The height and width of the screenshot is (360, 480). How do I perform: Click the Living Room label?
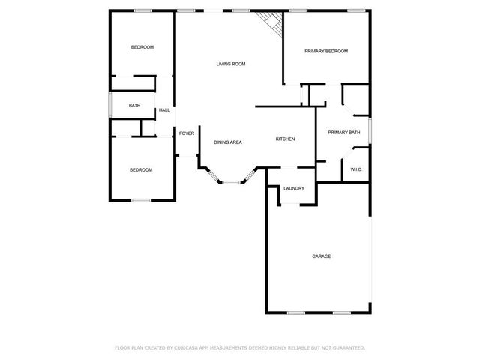coord(231,64)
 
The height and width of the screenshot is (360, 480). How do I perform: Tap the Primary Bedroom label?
coord(326,51)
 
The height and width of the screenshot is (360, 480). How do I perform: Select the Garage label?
coord(321,256)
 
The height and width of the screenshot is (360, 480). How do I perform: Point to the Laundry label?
coord(293,188)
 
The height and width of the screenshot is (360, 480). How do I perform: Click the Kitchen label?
coord(285,139)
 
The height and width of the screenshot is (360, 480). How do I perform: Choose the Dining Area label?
coord(227,142)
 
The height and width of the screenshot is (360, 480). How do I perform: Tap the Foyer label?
coord(187,133)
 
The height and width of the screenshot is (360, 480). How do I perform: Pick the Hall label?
coord(164,110)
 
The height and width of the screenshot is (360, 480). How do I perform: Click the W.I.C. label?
coord(356,169)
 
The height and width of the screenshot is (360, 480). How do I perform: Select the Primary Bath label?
coord(344,133)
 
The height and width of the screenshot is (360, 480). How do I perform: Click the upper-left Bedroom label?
coord(142,48)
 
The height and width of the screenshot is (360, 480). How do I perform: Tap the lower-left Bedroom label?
coord(140,170)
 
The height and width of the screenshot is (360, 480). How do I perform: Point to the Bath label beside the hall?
coord(134,106)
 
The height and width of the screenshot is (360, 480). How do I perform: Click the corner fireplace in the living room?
coord(270,21)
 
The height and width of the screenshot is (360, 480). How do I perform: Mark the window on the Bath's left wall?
coord(111,105)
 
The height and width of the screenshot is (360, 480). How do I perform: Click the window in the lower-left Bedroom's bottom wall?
coord(141,200)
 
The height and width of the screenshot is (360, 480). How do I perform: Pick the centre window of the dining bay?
coord(230,181)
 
